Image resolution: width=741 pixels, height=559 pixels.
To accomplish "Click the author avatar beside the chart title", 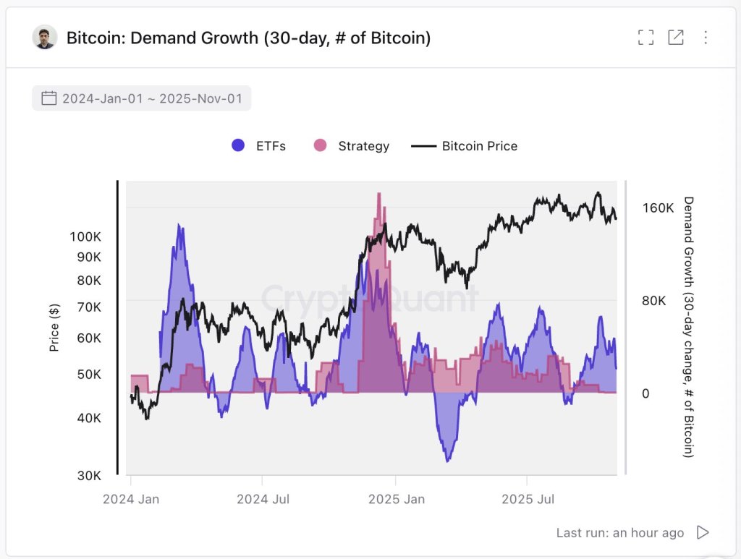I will (x=45, y=38).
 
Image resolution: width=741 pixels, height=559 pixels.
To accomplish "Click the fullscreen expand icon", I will (x=645, y=38).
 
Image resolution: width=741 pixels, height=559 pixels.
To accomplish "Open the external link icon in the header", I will (x=675, y=38).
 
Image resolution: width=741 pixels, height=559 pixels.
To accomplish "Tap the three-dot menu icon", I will (x=706, y=38).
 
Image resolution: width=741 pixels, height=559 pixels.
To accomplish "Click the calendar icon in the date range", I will (x=49, y=98).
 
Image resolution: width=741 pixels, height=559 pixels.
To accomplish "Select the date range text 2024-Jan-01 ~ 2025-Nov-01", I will (x=152, y=98).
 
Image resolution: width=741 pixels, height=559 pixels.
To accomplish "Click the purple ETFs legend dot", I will (x=238, y=145).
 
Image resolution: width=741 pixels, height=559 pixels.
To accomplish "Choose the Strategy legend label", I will (x=363, y=146).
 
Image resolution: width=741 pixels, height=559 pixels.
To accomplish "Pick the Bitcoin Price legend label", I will (x=479, y=146).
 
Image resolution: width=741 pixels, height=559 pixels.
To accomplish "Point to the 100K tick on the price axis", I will (x=85, y=237).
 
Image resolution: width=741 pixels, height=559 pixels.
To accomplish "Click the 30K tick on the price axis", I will (x=89, y=475).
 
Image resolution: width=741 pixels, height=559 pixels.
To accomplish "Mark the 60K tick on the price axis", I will (x=89, y=338).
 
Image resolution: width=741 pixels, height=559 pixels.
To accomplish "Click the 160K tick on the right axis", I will (x=658, y=208).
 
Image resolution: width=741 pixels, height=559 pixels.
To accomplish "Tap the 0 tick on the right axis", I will (x=646, y=394).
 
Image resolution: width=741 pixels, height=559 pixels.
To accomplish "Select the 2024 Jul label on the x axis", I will (x=262, y=499).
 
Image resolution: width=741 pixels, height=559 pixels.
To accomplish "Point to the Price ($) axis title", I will (x=54, y=328).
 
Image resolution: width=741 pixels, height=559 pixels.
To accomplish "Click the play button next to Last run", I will (x=702, y=532).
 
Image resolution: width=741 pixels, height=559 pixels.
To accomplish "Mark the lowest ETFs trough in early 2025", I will (x=448, y=459).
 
